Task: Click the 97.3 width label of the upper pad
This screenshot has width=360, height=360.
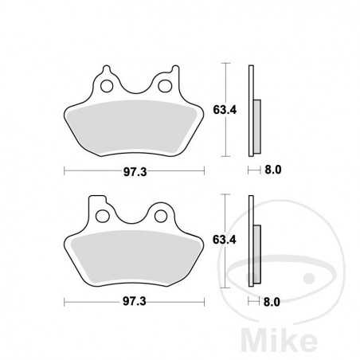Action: pos(134,170)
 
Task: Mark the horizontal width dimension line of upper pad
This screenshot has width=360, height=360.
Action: pos(96,170)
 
